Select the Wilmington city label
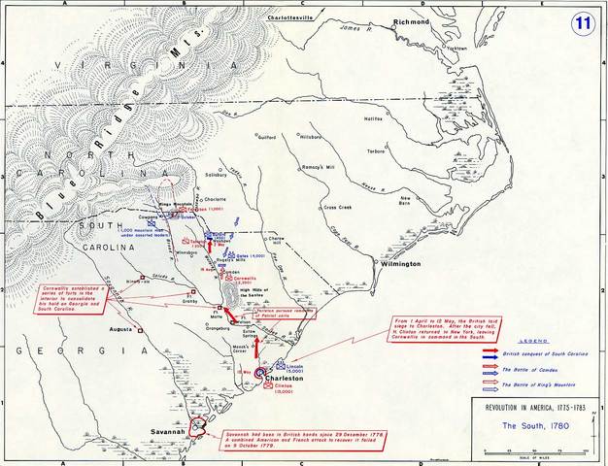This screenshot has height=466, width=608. [395, 263]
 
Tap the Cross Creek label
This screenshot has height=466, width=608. [337, 207]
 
